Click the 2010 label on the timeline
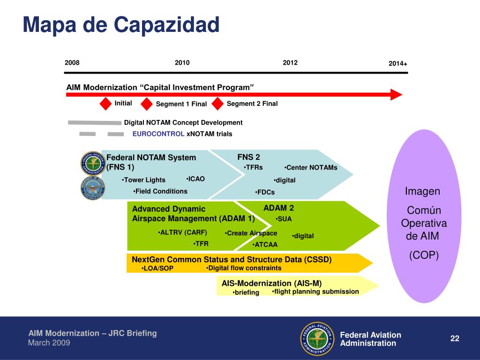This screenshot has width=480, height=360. point(182,63)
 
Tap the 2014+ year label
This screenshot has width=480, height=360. point(398,64)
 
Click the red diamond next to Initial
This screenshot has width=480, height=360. point(105,104)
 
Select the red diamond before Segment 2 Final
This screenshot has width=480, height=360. point(217,104)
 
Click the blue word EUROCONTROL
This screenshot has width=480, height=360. point(158,134)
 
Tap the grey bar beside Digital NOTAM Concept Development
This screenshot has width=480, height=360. point(95,122)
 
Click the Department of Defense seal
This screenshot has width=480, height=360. point(93,188)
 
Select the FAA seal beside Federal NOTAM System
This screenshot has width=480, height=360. point(93,164)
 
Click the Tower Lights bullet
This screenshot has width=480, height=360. point(143,180)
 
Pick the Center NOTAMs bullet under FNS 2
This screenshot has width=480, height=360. point(311,168)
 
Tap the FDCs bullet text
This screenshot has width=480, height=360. point(265,192)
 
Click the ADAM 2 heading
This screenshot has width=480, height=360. point(278,208)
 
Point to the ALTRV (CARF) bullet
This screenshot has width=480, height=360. point(182,232)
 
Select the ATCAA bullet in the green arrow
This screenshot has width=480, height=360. point(265,245)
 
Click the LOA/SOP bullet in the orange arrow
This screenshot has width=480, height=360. point(157,269)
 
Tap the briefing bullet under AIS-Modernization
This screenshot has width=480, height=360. point(246,292)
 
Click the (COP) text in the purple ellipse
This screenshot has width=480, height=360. point(424,255)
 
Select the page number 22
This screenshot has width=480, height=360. point(455,338)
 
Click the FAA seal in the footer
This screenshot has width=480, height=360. point(317,338)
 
